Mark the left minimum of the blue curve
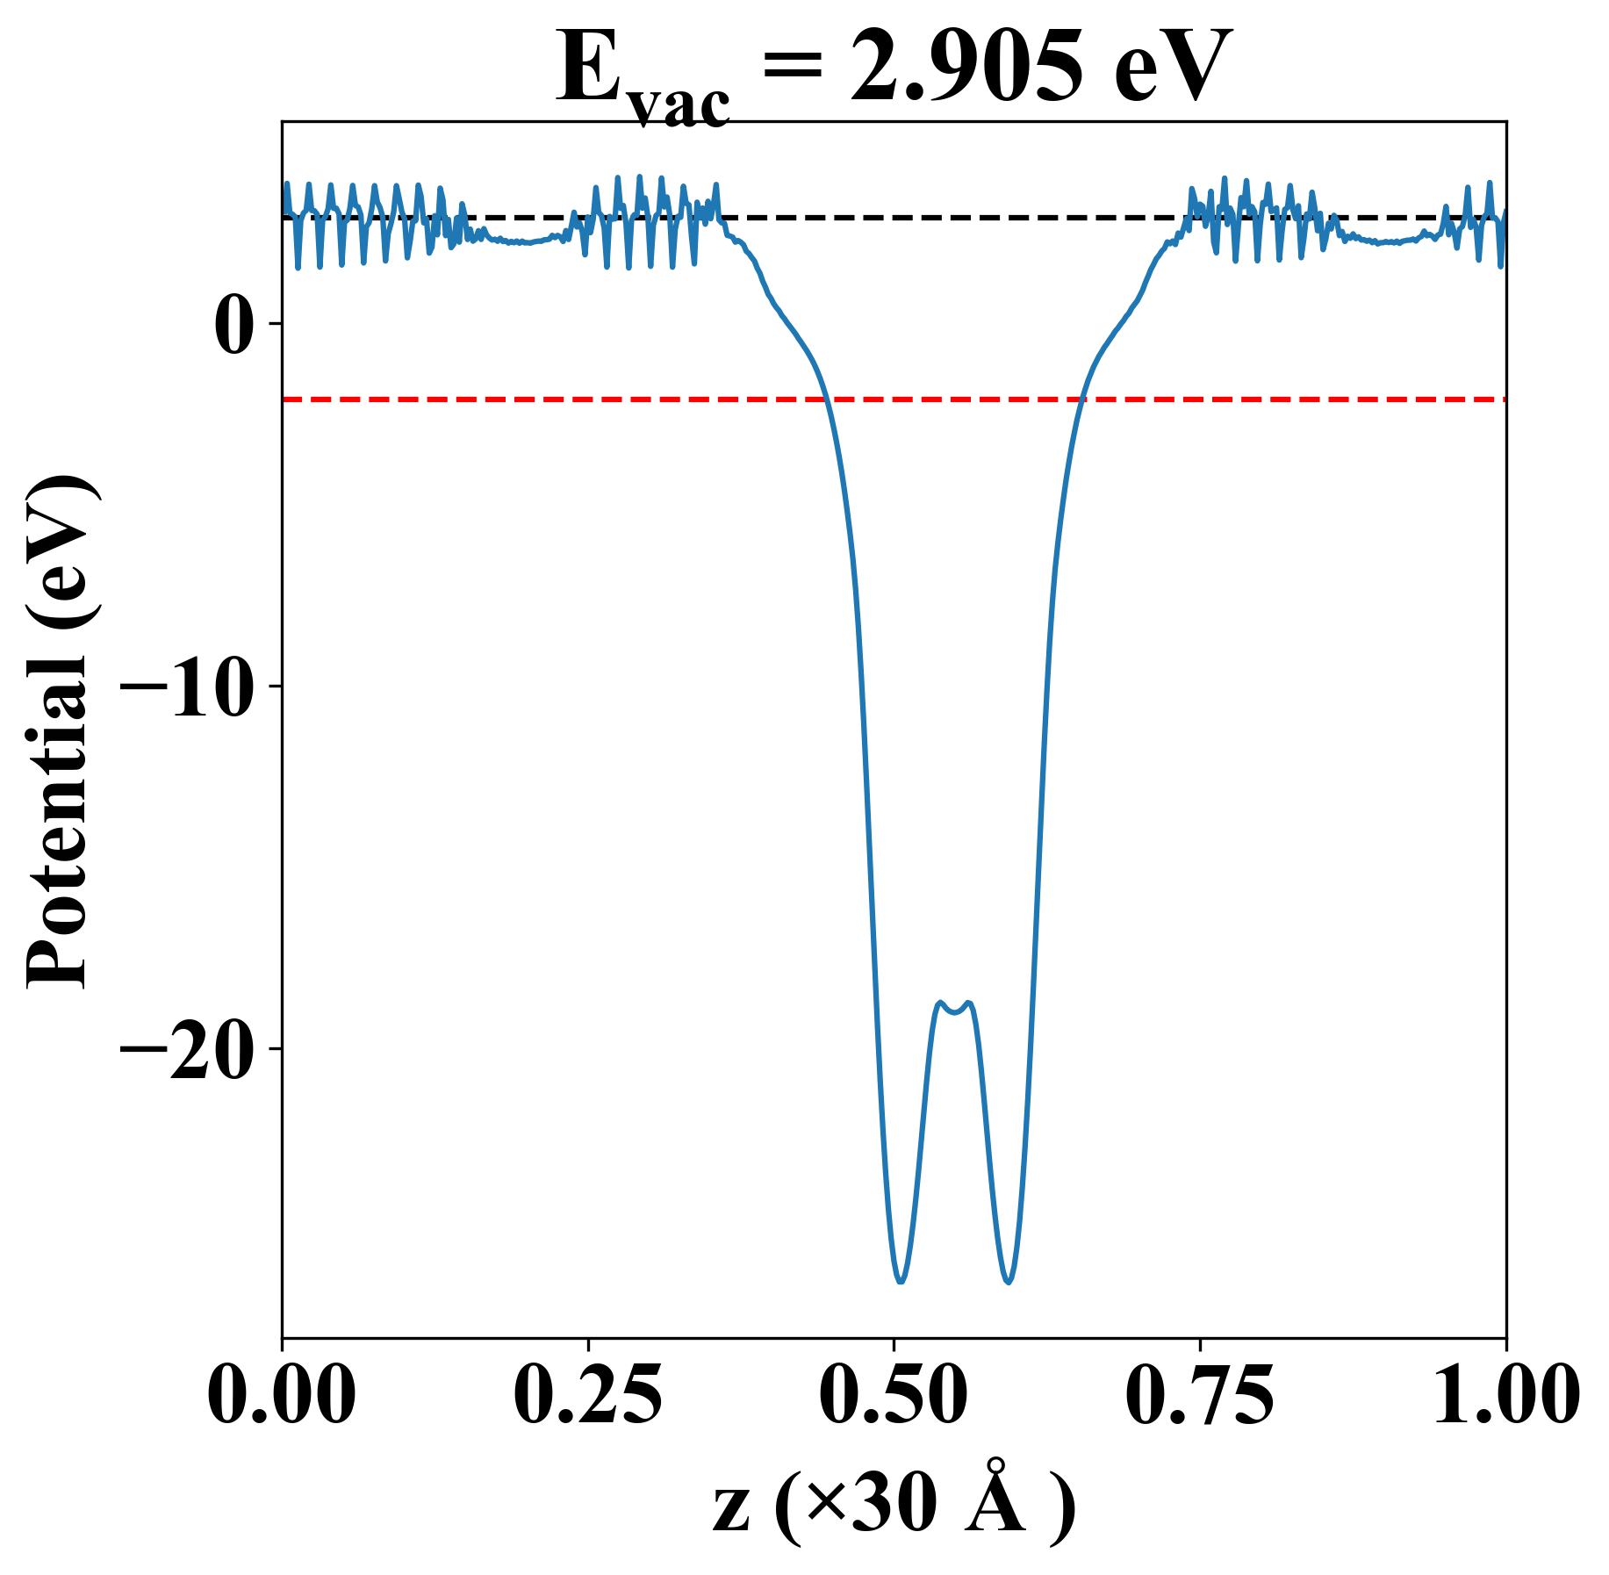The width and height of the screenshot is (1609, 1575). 901,1282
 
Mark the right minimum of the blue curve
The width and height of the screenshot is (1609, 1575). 1009,1282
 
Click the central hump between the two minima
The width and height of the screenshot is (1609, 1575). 954,1008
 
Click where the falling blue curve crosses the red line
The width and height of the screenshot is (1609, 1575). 827,399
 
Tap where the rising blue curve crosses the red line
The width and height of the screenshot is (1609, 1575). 1081,399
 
